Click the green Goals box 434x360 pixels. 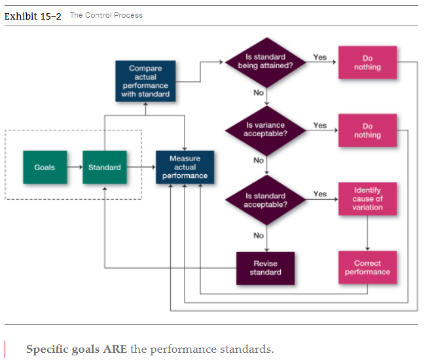point(45,168)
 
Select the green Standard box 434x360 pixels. point(105,168)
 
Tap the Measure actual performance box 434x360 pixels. point(185,168)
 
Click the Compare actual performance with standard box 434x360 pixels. point(145,81)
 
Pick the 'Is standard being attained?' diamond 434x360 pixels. point(265,62)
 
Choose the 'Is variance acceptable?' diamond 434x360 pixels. point(265,130)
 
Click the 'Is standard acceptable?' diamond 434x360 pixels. point(265,200)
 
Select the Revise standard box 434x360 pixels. point(265,268)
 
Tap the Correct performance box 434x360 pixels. point(367,268)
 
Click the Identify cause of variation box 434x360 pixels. point(367,198)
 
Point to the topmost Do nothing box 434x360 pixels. point(367,63)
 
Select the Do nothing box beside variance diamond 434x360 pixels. point(367,131)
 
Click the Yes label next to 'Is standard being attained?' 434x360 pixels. point(319,58)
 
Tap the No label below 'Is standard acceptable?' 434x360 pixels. point(259,236)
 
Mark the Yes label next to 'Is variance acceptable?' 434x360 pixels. point(319,125)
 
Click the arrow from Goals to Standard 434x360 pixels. point(74,168)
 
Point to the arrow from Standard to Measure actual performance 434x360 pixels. point(141,168)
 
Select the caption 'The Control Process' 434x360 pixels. point(106,15)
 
